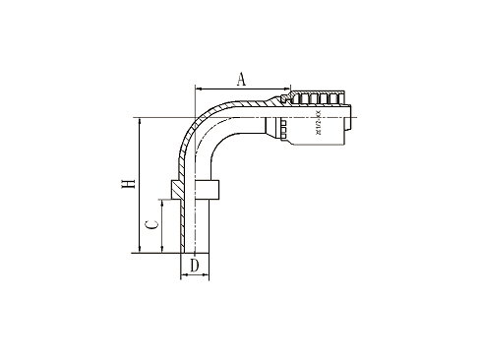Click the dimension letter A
[241, 79]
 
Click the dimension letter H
[126, 186]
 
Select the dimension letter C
[150, 225]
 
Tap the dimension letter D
[195, 265]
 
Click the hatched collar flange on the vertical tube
[195, 189]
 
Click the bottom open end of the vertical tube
[195, 252]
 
